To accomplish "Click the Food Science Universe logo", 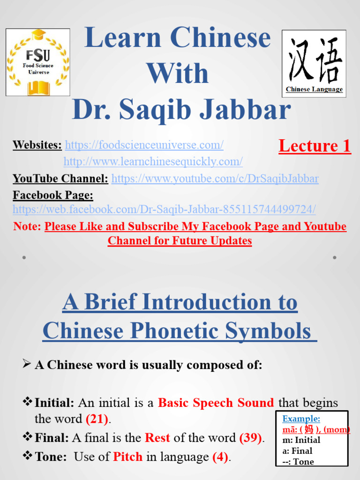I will click(37, 62).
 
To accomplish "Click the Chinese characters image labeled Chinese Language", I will click(314, 63).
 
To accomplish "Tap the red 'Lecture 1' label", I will click(315, 146).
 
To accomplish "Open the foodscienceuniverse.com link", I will click(144, 145).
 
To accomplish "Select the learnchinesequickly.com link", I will click(153, 162).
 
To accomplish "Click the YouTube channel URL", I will click(215, 179).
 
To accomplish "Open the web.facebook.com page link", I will click(164, 209).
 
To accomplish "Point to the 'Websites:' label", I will click(37, 145).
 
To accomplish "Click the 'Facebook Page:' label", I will click(53, 195).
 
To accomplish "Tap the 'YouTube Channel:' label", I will click(60, 179).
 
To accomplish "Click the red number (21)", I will click(97, 419).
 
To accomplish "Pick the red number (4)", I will click(220, 457).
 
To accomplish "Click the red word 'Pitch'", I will click(127, 457).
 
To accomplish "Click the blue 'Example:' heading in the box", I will click(301, 419).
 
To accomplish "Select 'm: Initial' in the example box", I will click(301, 440).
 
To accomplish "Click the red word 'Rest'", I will click(157, 438).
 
